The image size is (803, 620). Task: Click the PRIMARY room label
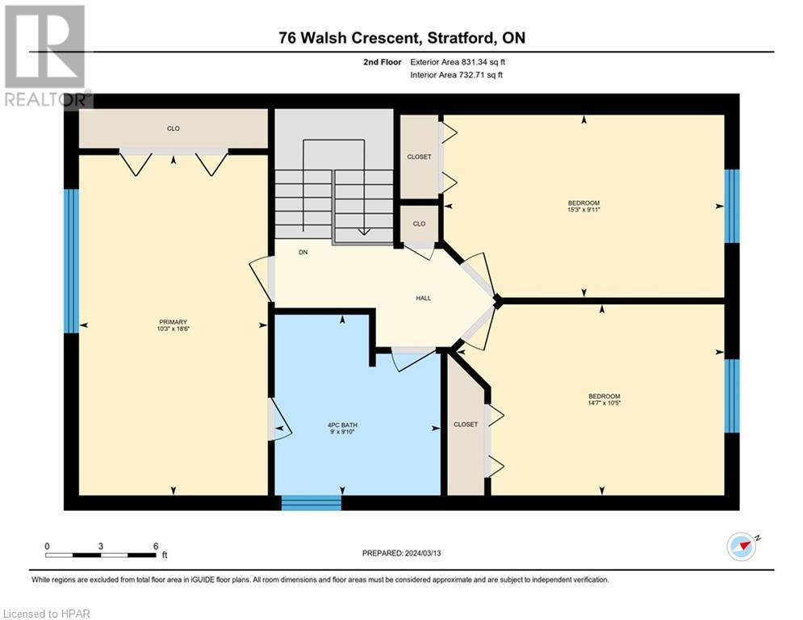click(173, 322)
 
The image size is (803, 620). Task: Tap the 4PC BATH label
click(342, 425)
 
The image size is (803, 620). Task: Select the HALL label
click(424, 298)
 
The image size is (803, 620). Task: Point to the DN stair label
click(303, 252)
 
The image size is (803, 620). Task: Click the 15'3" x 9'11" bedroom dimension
click(583, 210)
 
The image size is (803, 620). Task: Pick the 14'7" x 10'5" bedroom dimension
click(604, 403)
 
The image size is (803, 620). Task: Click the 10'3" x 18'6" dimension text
click(173, 329)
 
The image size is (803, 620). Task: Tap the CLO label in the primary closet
click(173, 128)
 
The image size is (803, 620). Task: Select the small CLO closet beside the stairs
click(419, 224)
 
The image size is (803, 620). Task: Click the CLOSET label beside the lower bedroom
click(466, 425)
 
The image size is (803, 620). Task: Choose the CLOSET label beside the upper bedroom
click(419, 157)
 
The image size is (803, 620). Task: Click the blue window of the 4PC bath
click(312, 503)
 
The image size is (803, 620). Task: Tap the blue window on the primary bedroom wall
click(71, 262)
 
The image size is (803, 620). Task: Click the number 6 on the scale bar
click(156, 547)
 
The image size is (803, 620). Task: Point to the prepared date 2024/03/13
click(423, 553)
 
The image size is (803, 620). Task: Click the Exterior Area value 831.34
click(473, 62)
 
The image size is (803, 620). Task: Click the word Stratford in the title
click(458, 38)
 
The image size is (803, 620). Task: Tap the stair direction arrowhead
click(364, 232)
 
